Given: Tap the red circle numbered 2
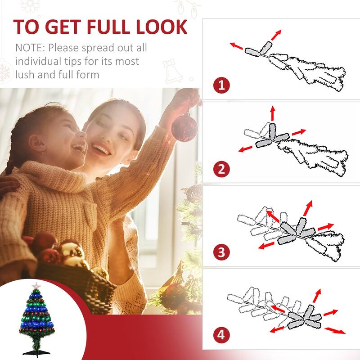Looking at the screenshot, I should tap(221, 170).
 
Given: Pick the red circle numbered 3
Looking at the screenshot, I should tap(221, 252).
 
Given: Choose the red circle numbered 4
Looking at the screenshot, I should tap(221, 335).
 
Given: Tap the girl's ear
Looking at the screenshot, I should tap(39, 145).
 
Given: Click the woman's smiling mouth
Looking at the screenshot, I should tap(101, 149).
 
